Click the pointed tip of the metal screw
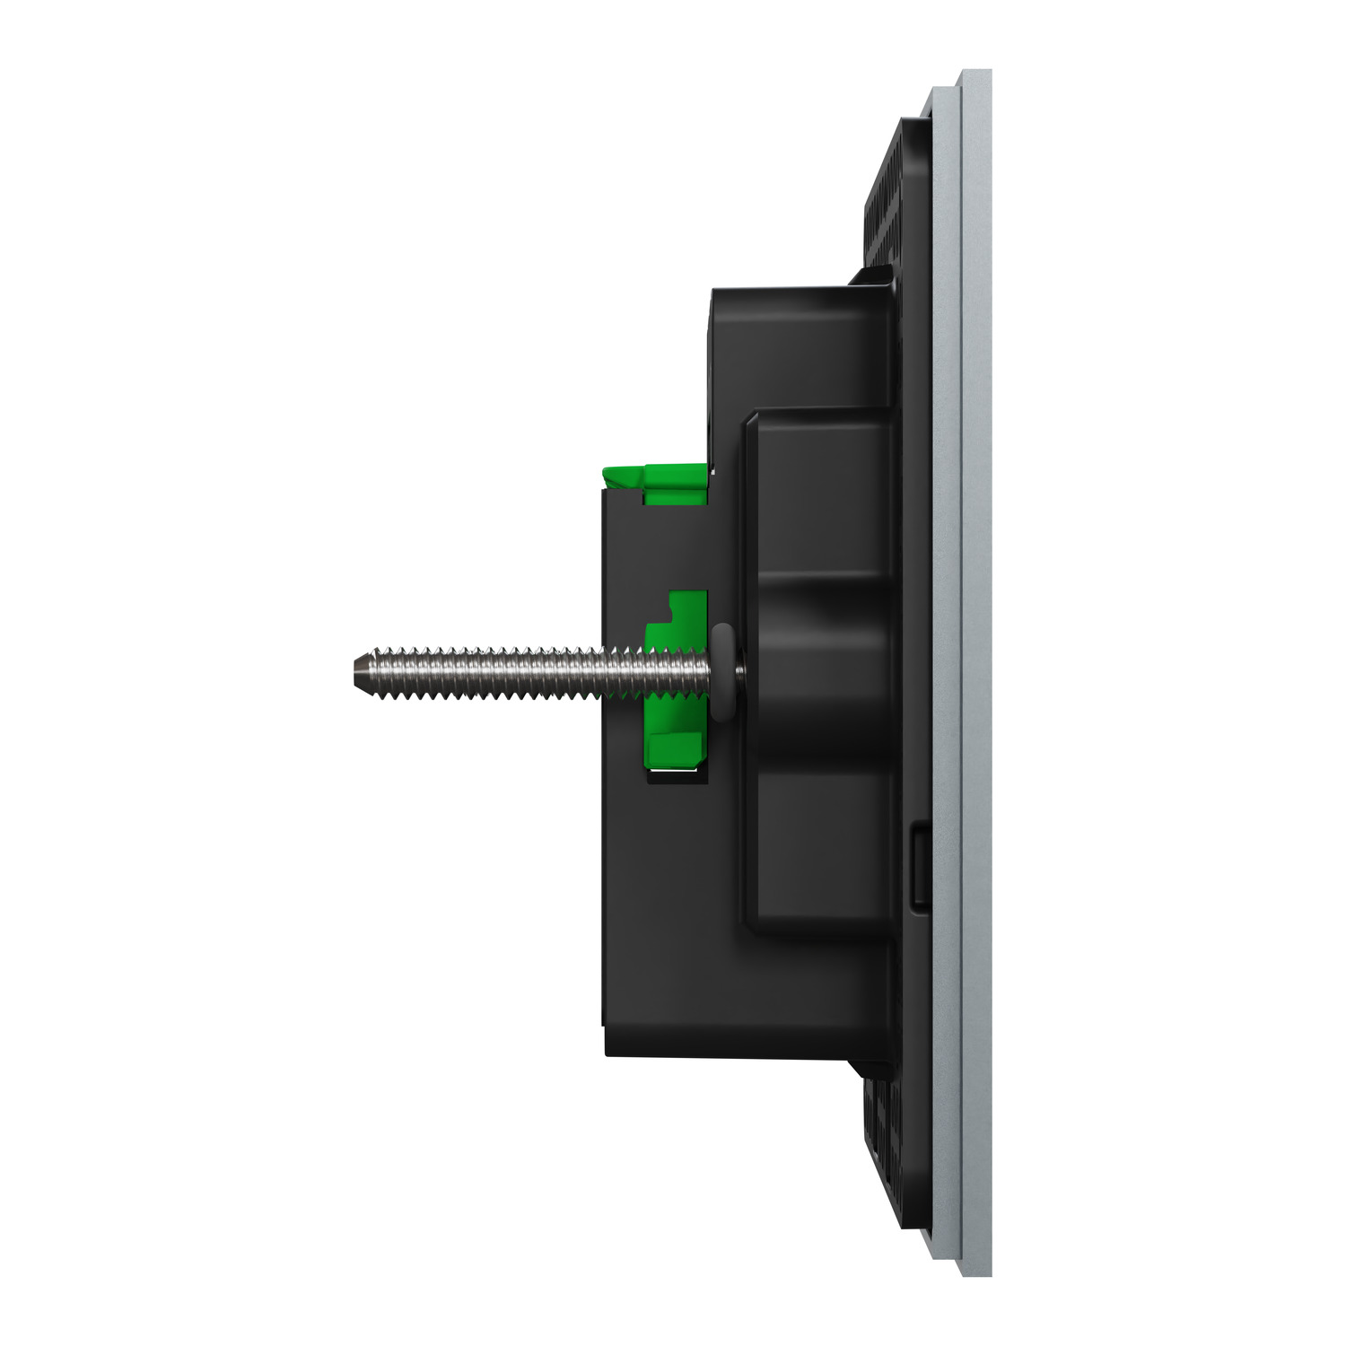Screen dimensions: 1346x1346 [353, 669]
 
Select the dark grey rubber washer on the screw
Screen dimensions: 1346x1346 [721, 672]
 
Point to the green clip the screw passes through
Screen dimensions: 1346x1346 [675, 628]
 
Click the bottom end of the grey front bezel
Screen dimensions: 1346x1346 [975, 1269]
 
